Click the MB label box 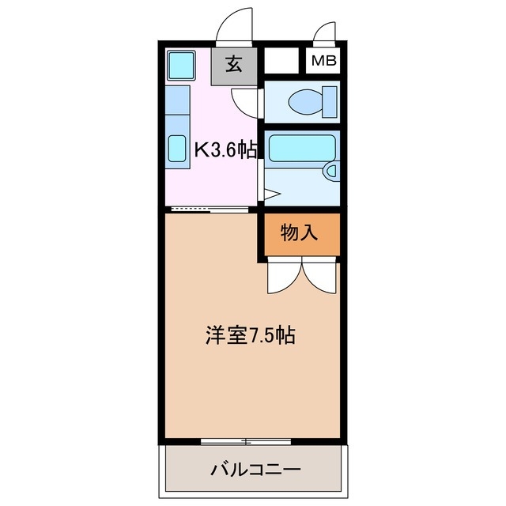(323, 61)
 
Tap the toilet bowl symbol (304, 101)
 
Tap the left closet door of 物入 (283, 277)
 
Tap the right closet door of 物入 (319, 277)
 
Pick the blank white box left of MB (281, 61)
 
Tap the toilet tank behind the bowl (330, 101)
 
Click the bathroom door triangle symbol (270, 193)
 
